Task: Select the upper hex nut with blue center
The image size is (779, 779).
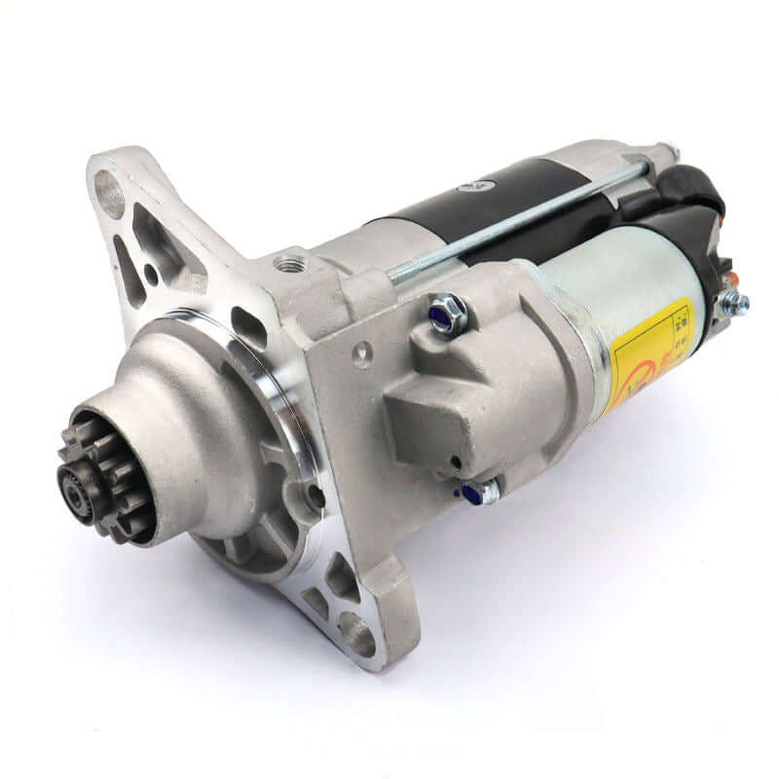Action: coord(448,314)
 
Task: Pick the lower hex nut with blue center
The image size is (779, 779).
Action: coord(480,493)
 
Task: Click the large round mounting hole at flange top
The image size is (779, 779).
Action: coord(109,194)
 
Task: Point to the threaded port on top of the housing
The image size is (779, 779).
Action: coord(288,263)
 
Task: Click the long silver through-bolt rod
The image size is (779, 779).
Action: coord(516,223)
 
